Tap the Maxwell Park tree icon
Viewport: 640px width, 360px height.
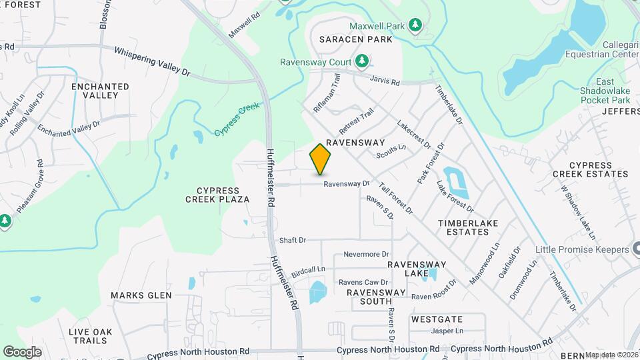click(415, 25)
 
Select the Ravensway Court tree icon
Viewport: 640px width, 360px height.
click(362, 61)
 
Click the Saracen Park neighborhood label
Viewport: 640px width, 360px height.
click(355, 39)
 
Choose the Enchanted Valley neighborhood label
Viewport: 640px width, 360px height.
click(100, 91)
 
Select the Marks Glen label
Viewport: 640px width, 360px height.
click(141, 295)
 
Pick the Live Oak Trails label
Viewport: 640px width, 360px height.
click(91, 336)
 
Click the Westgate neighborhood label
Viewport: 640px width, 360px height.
click(437, 319)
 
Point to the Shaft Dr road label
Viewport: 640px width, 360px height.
click(293, 239)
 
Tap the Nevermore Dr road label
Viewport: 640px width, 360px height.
click(366, 254)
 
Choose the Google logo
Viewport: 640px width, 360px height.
click(22, 351)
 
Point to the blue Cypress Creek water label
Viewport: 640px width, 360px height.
click(237, 119)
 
